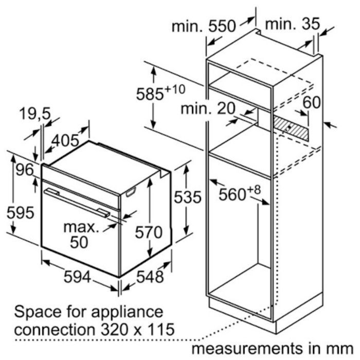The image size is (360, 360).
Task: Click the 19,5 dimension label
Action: [35, 114]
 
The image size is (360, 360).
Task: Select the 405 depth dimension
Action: [65, 140]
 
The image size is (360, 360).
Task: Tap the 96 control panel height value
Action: [25, 170]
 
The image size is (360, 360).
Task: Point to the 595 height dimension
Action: [21, 212]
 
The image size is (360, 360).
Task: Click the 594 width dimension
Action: [77, 277]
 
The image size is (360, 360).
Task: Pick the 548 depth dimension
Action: [150, 277]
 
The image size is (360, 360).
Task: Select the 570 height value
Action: [149, 232]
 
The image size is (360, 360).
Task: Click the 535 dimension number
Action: [188, 197]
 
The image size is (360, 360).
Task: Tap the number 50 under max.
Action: [79, 242]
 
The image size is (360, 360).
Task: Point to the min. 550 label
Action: [204, 26]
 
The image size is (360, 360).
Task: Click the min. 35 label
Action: [292, 24]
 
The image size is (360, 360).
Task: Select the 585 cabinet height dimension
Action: [160, 92]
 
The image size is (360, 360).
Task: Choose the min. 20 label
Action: [208, 109]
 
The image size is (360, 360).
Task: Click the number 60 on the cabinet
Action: [312, 102]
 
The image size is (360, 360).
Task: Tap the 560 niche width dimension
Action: [240, 193]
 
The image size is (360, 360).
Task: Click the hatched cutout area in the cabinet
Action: [291, 128]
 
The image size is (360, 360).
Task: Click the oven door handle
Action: [77, 203]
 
